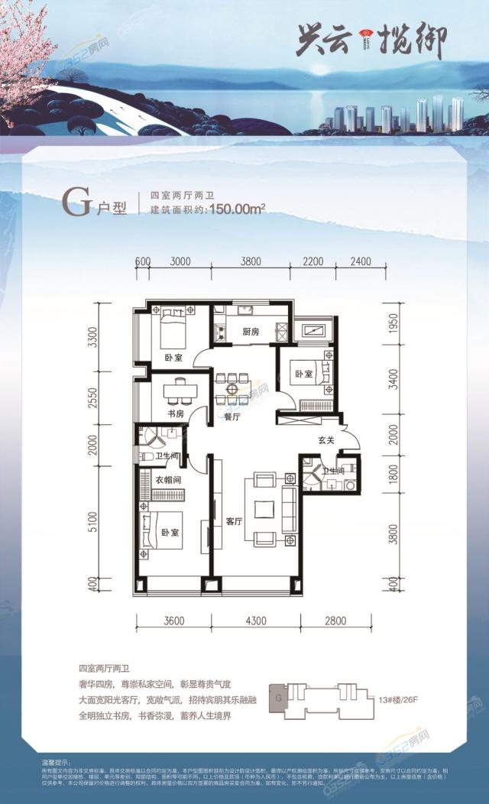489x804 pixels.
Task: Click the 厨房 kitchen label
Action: click(x=251, y=332)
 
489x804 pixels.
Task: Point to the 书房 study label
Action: click(x=176, y=413)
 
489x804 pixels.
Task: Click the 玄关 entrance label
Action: click(x=328, y=442)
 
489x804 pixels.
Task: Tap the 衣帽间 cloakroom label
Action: click(x=167, y=481)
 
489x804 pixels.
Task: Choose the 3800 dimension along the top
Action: click(x=251, y=261)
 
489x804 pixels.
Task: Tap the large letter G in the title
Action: click(x=76, y=204)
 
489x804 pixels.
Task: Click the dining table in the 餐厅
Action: click(x=231, y=385)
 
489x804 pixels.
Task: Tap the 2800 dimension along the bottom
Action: click(x=335, y=621)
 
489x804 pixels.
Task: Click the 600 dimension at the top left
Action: click(x=142, y=261)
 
